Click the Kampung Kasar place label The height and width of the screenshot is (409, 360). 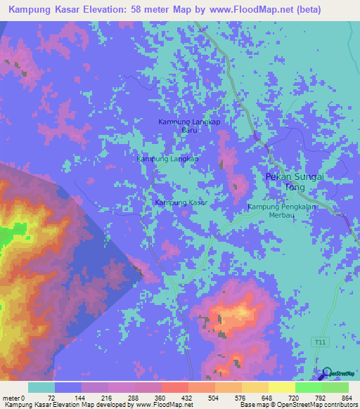(181, 202)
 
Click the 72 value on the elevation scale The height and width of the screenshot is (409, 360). (51, 398)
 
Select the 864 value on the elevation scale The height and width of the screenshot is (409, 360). (346, 398)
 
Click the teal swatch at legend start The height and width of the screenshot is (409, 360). (41, 387)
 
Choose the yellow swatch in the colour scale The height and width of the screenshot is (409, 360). (281, 387)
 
